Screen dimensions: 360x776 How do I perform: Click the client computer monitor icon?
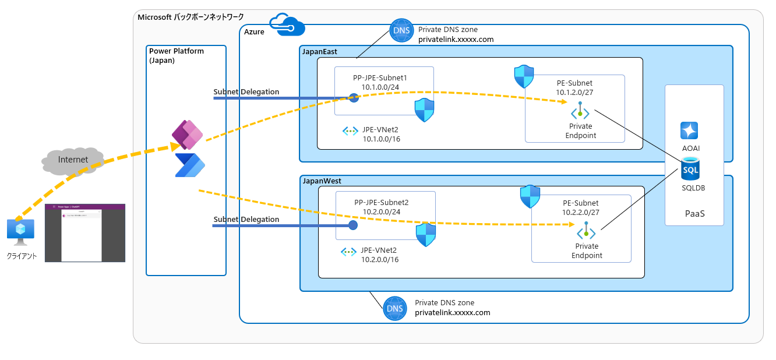pyautogui.click(x=20, y=230)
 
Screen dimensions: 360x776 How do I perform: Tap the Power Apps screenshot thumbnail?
pyautogui.click(x=85, y=233)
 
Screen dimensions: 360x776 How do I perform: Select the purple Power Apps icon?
pyautogui.click(x=187, y=136)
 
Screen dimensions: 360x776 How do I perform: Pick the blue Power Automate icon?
pyautogui.click(x=191, y=165)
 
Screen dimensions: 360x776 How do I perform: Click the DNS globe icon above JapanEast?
pyautogui.click(x=401, y=30)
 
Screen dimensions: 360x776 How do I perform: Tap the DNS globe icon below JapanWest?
pyautogui.click(x=395, y=308)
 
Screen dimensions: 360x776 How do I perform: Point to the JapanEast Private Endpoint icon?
pyautogui.click(x=580, y=112)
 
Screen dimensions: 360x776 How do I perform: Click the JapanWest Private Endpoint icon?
pyautogui.click(x=586, y=233)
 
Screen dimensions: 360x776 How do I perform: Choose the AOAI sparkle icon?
pyautogui.click(x=689, y=130)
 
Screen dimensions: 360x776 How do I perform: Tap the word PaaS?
pyautogui.click(x=694, y=214)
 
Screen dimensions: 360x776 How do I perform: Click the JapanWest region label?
pyautogui.click(x=322, y=181)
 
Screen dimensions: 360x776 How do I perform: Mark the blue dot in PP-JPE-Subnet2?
pyautogui.click(x=352, y=225)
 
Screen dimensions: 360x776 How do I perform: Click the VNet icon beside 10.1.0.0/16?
pyautogui.click(x=350, y=131)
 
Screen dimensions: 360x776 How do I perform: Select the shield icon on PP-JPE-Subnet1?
pyautogui.click(x=424, y=110)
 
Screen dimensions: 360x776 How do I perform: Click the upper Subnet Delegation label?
pyautogui.click(x=246, y=92)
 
